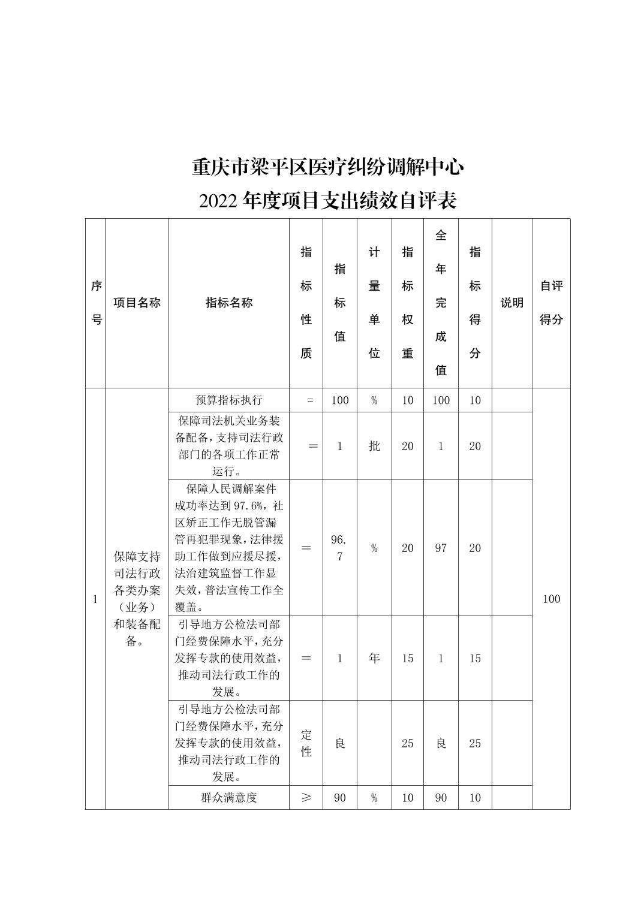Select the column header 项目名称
pyautogui.click(x=137, y=303)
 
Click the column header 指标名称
pyautogui.click(x=229, y=303)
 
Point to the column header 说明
pyautogui.click(x=511, y=303)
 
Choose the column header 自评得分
pyautogui.click(x=551, y=303)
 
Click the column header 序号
pyautogui.click(x=95, y=303)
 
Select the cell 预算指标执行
pyautogui.click(x=229, y=400)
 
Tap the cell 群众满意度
pyautogui.click(x=229, y=798)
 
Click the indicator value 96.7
pyautogui.click(x=340, y=548)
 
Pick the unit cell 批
pyautogui.click(x=374, y=446)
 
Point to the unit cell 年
pyautogui.click(x=374, y=658)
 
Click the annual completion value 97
pyautogui.click(x=441, y=548)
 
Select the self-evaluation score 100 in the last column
pyautogui.click(x=551, y=599)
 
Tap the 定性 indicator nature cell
pyautogui.click(x=306, y=743)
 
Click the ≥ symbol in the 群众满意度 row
pyautogui.click(x=306, y=798)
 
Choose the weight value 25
pyautogui.click(x=408, y=743)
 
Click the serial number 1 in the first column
pyautogui.click(x=95, y=599)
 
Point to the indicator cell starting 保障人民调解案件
pyautogui.click(x=229, y=548)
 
